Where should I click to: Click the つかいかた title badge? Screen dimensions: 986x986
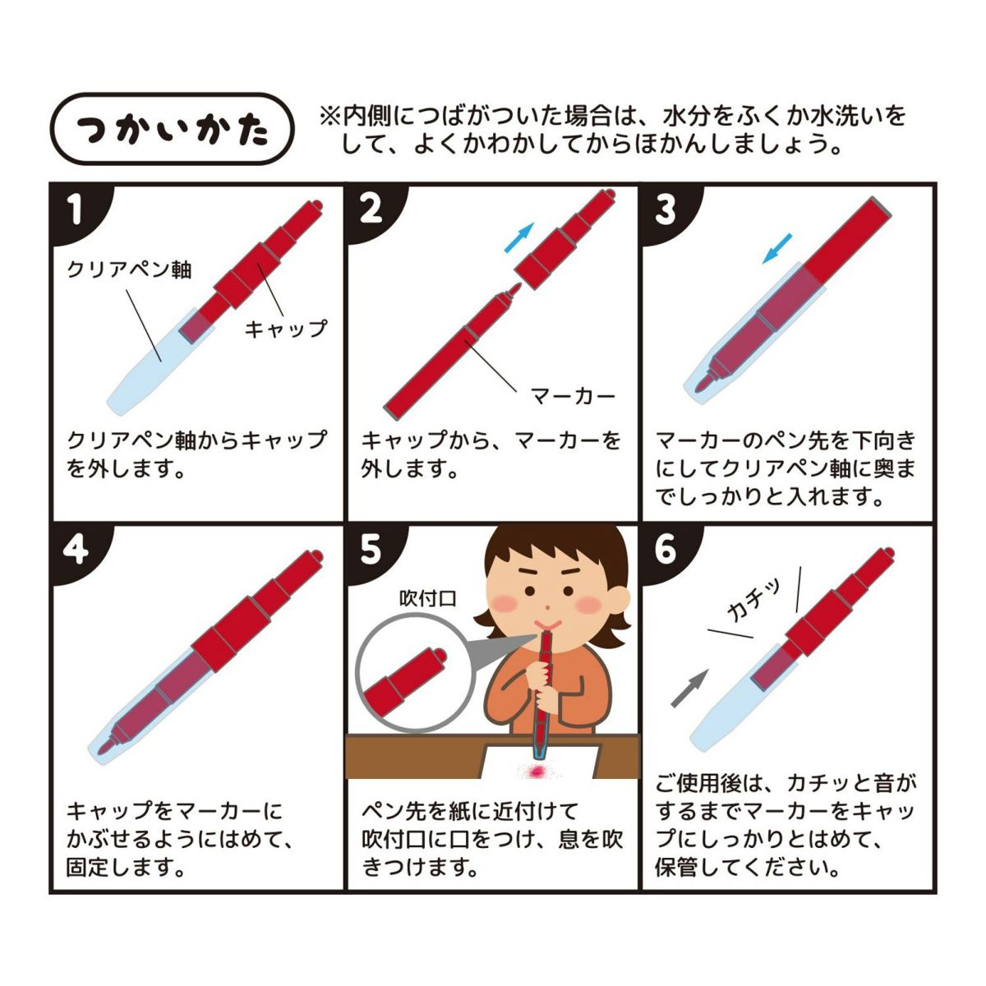[x=173, y=128]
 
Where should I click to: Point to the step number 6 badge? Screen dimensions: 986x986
[x=666, y=551]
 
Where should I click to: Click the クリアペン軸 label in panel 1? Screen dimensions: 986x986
[x=129, y=270]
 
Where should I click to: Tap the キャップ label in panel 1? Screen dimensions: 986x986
[x=285, y=328]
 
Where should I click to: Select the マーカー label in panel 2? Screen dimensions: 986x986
[x=572, y=395]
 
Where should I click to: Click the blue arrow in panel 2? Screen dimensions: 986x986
[x=518, y=237]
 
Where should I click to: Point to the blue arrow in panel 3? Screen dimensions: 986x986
[x=776, y=248]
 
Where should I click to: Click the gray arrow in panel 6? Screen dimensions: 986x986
[x=689, y=689]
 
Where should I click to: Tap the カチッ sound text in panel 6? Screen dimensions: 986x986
[x=753, y=600]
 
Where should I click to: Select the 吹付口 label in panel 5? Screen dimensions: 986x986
[x=428, y=598]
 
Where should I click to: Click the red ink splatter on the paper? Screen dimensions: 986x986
[x=537, y=771]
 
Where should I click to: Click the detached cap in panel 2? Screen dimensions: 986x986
[x=563, y=239]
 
